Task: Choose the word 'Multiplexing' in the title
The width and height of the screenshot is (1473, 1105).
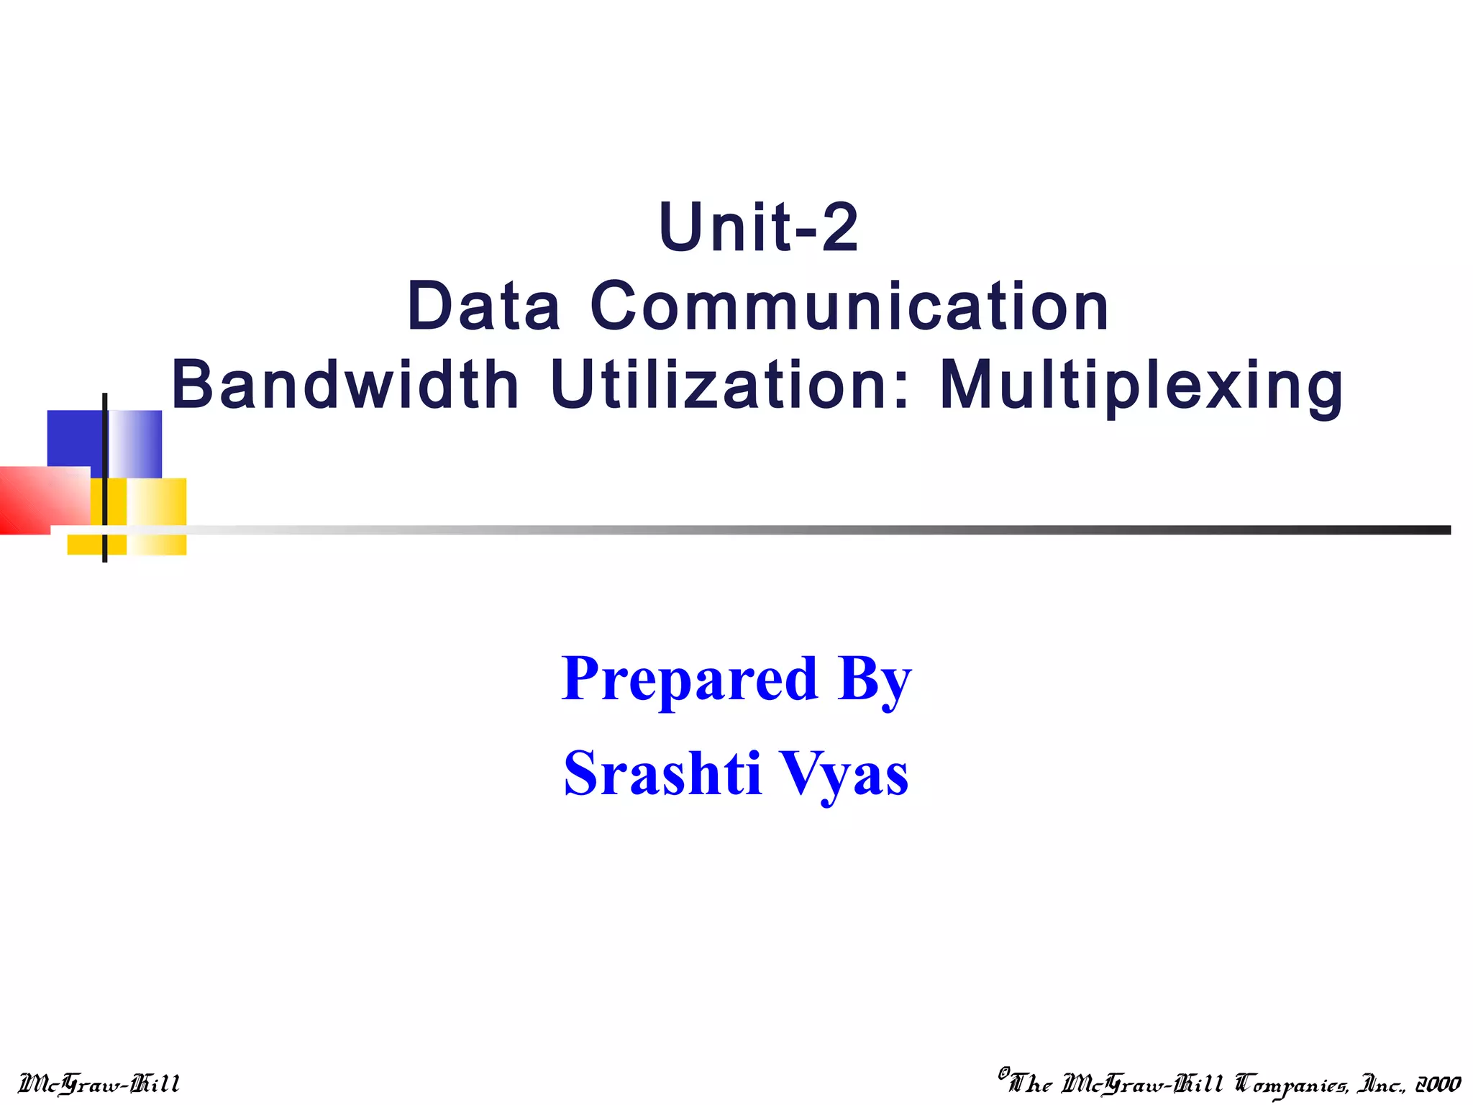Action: click(x=1141, y=387)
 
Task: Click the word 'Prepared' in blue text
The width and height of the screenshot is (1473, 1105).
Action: click(x=689, y=679)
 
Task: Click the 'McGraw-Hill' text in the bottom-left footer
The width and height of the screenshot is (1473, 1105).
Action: click(x=99, y=1083)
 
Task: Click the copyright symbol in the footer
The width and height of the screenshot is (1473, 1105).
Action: click(x=1004, y=1073)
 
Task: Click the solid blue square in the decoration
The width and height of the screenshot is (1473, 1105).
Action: click(x=74, y=439)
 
